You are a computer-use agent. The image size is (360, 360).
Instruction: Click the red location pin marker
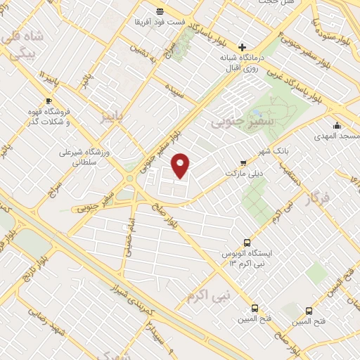click(181, 165)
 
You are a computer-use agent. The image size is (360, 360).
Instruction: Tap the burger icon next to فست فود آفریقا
click(160, 11)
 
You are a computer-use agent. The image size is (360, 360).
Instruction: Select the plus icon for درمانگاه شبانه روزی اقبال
click(243, 47)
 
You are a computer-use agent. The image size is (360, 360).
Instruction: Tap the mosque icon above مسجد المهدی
click(337, 125)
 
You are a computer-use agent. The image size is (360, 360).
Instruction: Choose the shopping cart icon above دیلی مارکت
click(243, 162)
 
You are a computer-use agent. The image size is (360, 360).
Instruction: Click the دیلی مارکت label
click(242, 172)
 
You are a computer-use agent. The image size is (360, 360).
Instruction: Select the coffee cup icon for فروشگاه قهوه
click(49, 101)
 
